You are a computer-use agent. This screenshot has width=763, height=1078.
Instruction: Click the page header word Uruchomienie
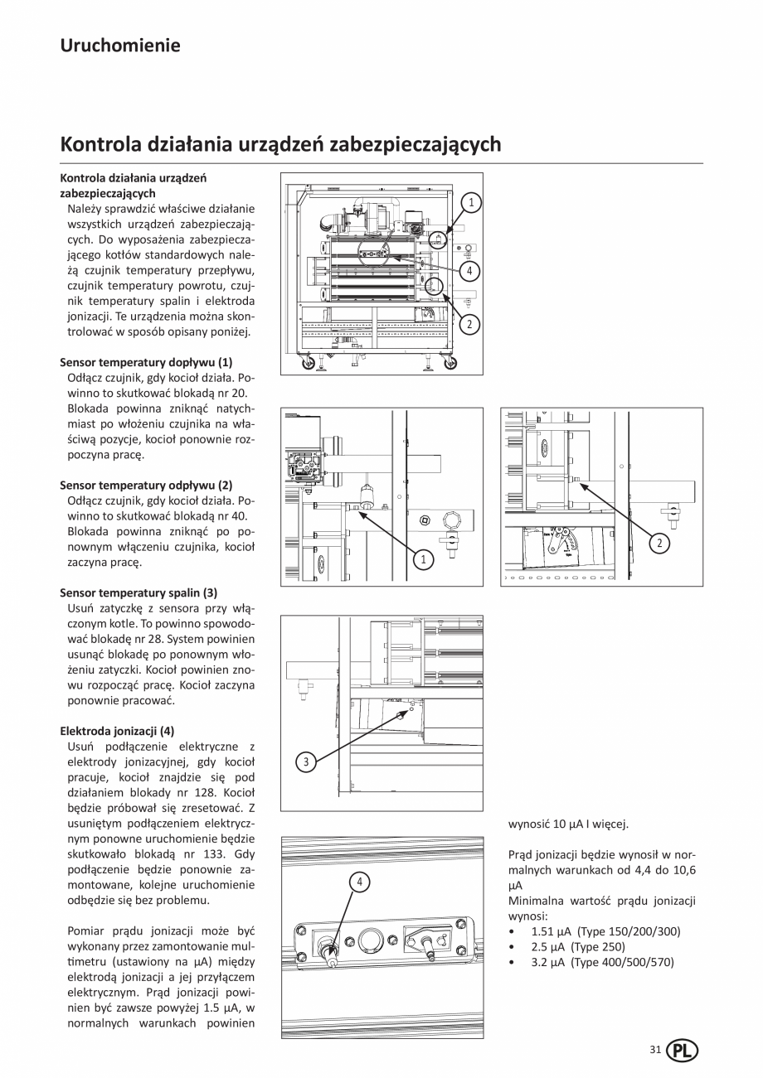tap(119, 45)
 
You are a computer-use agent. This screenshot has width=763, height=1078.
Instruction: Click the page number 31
tap(655, 1050)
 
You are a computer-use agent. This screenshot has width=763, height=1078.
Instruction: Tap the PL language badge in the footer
tap(682, 1051)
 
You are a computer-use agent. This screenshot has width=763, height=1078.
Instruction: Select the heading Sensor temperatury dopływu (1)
tap(146, 362)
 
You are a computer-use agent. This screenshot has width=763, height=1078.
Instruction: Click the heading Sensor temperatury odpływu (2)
tap(146, 485)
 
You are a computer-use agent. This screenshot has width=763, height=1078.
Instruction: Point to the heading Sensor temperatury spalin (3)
tap(139, 592)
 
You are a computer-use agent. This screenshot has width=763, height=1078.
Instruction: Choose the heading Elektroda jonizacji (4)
tap(117, 731)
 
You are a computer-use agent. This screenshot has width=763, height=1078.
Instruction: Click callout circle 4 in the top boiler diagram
tap(469, 270)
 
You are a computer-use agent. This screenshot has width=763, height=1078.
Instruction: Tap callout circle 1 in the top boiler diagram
tap(470, 201)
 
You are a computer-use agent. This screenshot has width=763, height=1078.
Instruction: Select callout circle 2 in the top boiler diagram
tap(469, 324)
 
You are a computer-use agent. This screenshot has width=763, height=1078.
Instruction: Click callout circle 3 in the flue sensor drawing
tap(306, 762)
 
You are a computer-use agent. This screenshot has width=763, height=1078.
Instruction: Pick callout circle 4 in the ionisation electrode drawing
tap(360, 882)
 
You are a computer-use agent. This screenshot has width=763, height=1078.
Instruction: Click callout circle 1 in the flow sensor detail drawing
tap(423, 560)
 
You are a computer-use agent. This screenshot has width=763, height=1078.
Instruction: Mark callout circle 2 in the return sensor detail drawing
tap(659, 543)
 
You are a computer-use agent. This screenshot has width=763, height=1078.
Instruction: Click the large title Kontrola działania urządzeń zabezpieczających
tap(280, 144)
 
